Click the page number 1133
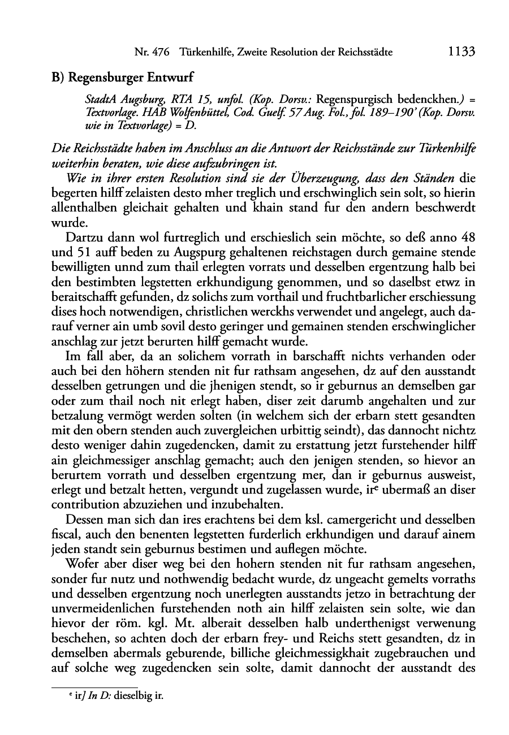[460, 52]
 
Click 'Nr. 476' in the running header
[153, 53]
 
